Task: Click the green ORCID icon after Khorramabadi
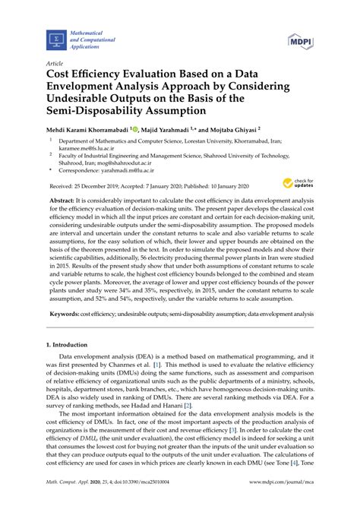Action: click(136, 129)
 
